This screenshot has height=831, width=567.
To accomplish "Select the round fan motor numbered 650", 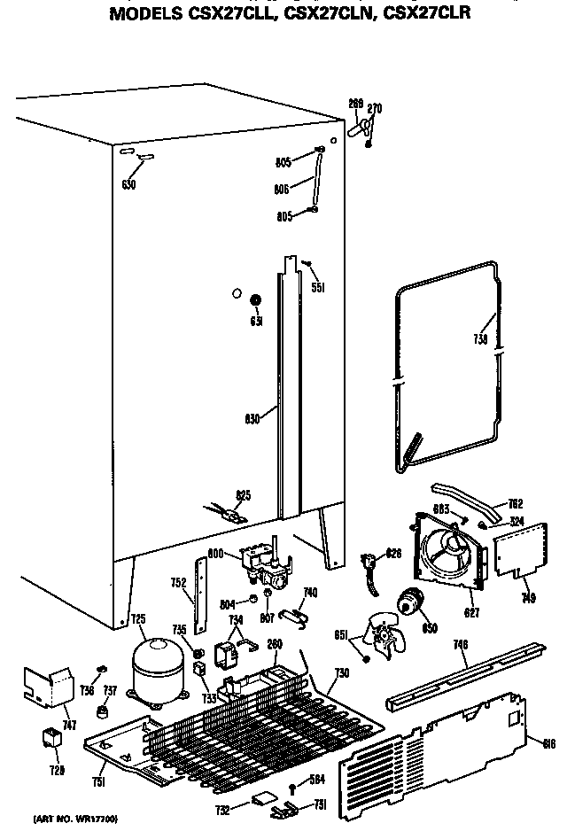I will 410,602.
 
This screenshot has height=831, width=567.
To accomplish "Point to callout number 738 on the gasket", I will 479,338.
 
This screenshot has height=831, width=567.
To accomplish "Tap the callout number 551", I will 318,287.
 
